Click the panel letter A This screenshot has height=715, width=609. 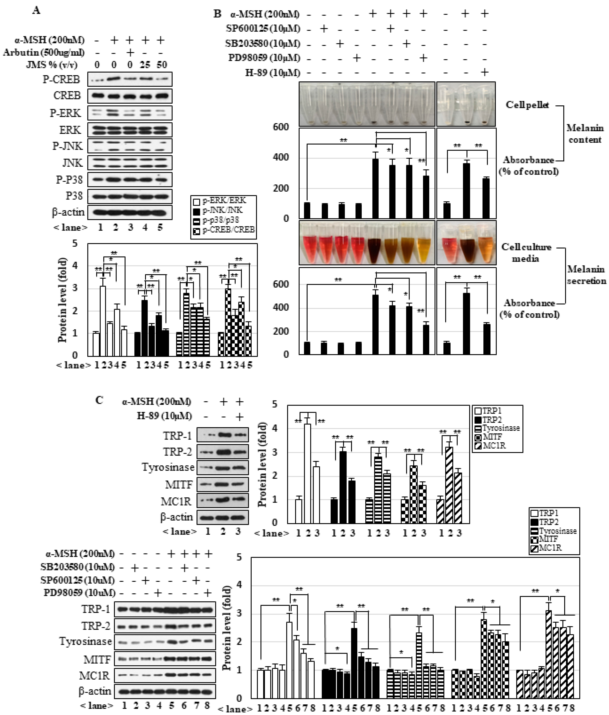coord(36,10)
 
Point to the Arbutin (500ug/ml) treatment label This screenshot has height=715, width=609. coord(44,52)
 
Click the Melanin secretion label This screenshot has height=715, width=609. coord(586,275)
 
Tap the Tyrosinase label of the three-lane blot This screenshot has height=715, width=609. coord(168,467)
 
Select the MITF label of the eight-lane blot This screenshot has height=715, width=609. coord(97,659)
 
